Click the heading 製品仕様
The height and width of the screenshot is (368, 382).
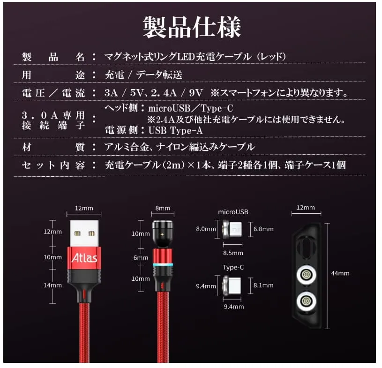click(192, 27)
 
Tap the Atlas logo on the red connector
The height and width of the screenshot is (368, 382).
click(84, 258)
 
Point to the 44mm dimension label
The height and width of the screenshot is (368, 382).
click(340, 273)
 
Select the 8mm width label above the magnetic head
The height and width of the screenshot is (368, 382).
click(163, 208)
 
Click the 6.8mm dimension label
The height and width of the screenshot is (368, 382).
click(263, 229)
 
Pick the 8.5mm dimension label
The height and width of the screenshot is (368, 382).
click(233, 253)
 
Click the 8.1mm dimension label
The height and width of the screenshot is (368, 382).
click(263, 285)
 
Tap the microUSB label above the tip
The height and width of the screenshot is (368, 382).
click(233, 212)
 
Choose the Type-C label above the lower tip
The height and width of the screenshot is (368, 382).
click(233, 267)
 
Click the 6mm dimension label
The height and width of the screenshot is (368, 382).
click(141, 258)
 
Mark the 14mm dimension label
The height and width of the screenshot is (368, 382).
click(52, 285)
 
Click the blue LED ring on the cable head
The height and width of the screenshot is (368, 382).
click(163, 265)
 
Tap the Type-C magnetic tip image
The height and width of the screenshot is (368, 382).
click(232, 285)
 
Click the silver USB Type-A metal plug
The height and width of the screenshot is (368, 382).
click(84, 233)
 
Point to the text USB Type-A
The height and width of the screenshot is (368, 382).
click(175, 131)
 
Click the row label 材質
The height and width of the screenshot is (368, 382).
click(53, 147)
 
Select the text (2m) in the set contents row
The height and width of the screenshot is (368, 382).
click(172, 165)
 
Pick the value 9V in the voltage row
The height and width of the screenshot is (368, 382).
click(196, 93)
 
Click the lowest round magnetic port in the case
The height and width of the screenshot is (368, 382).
click(306, 301)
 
